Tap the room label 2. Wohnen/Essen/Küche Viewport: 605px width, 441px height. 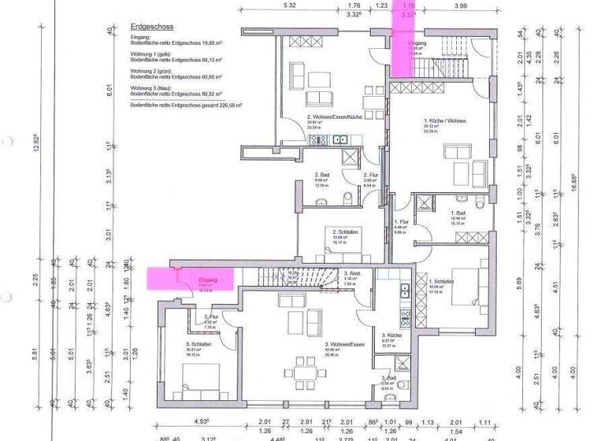(x=335, y=117)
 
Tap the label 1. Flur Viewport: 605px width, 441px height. (x=399, y=222)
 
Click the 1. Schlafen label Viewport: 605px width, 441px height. (x=440, y=281)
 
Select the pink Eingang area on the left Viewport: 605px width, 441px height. (x=190, y=280)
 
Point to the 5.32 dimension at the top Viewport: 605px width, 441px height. (x=290, y=6)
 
